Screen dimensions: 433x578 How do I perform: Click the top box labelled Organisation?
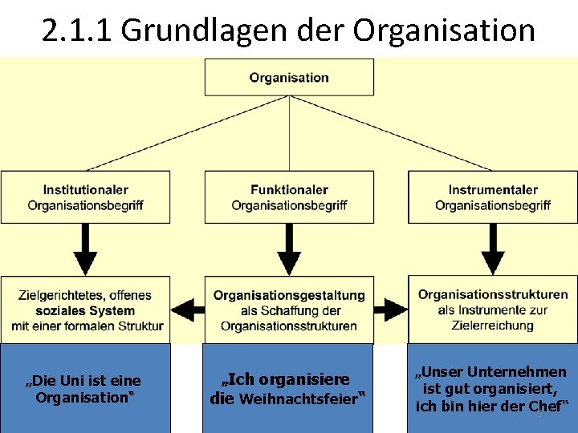(289, 77)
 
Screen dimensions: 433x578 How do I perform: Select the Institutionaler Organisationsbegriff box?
(85, 197)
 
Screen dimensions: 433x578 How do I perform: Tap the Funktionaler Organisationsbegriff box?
(289, 197)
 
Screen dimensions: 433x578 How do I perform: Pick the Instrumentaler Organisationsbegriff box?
(493, 197)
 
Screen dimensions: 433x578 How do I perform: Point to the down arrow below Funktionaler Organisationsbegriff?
(288, 249)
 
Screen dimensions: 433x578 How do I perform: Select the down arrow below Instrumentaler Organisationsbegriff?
(493, 249)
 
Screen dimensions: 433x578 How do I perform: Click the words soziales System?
(85, 310)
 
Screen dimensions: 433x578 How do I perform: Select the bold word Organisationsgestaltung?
(289, 296)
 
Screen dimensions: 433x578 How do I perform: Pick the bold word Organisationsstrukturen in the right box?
(493, 295)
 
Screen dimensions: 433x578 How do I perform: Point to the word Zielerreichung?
(493, 325)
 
